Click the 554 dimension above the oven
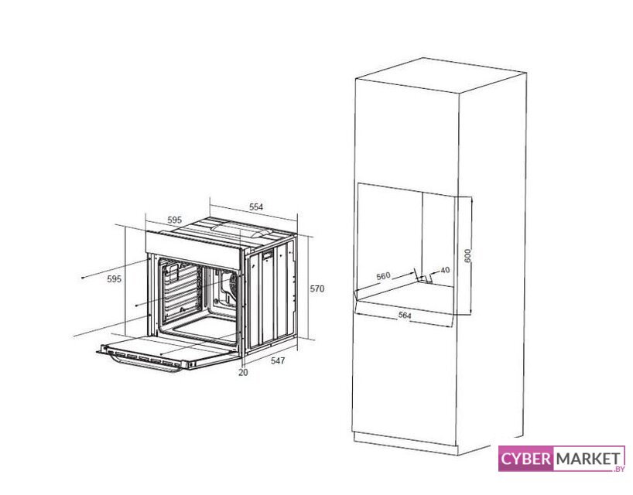256,207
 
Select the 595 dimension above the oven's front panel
175,220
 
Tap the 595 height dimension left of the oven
115,278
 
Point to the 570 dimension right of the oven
317,288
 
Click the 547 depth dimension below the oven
278,360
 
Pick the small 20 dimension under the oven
243,372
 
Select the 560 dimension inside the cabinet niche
383,276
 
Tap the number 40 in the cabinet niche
445,270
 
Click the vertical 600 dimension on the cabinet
467,256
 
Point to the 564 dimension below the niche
405,315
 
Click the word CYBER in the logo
525,459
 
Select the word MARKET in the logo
589,459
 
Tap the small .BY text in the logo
619,469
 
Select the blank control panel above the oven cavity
193,250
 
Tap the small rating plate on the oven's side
268,255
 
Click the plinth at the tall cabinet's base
405,443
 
